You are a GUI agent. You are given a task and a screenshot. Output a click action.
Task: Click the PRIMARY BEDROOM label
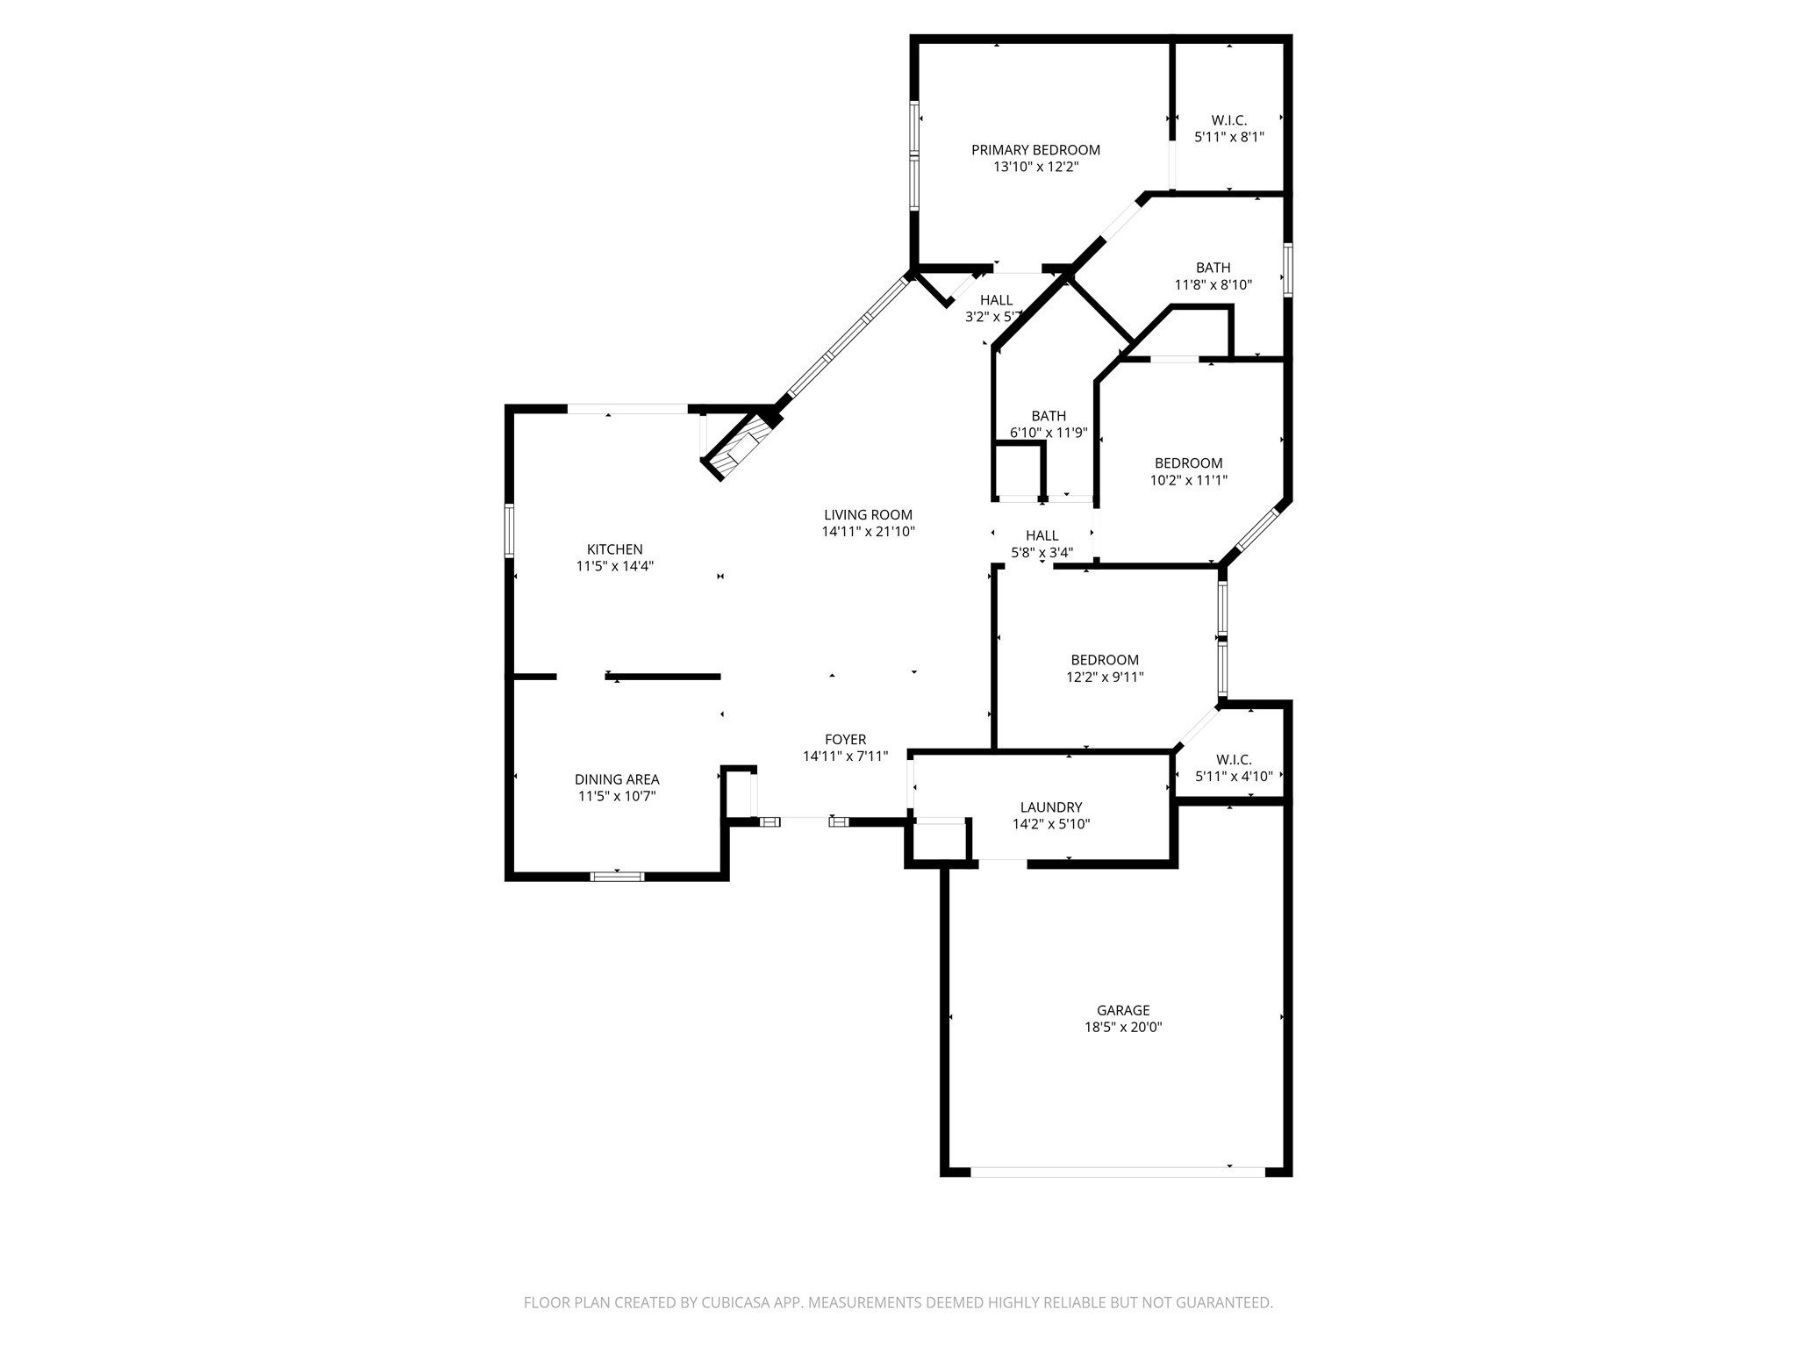pyautogui.click(x=1035, y=150)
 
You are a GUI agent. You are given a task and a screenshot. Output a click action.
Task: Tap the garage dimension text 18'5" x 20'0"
pyautogui.click(x=1123, y=1027)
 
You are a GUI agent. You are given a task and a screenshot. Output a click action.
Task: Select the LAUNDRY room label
pyautogui.click(x=1051, y=807)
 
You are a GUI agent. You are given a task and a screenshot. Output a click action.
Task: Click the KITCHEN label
pyautogui.click(x=614, y=549)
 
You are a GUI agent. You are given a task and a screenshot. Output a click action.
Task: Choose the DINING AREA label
pyautogui.click(x=617, y=779)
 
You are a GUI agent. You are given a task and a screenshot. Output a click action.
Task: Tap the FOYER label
pyautogui.click(x=845, y=740)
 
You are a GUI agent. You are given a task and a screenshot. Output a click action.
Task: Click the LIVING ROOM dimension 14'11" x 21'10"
pyautogui.click(x=868, y=532)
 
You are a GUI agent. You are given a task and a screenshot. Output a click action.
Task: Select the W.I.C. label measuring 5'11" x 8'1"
pyautogui.click(x=1228, y=120)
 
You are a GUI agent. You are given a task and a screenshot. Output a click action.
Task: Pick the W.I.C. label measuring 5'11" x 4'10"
pyautogui.click(x=1234, y=760)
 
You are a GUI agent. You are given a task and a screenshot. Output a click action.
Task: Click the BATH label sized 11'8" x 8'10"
pyautogui.click(x=1213, y=268)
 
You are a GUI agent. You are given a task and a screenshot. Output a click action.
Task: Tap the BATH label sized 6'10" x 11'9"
pyautogui.click(x=1049, y=416)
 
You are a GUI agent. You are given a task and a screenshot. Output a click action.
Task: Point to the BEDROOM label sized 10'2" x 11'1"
pyautogui.click(x=1188, y=463)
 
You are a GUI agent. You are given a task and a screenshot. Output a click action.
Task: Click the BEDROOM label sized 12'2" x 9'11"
pyautogui.click(x=1105, y=660)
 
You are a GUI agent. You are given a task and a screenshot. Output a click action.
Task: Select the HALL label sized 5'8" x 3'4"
pyautogui.click(x=1042, y=535)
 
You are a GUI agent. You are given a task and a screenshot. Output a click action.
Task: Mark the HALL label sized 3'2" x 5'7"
pyautogui.click(x=996, y=300)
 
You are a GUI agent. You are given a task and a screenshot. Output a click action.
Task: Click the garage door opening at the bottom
pyautogui.click(x=1117, y=1172)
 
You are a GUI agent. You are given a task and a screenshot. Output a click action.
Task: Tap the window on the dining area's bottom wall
pyautogui.click(x=617, y=876)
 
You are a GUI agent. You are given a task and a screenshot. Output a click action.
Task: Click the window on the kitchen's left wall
pyautogui.click(x=509, y=530)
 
